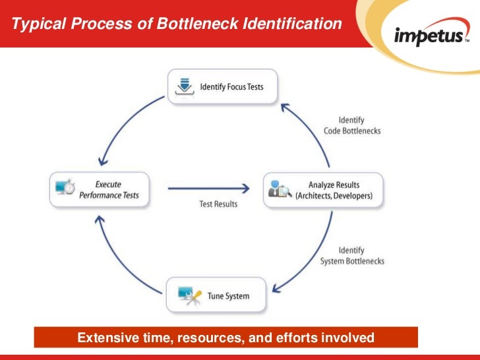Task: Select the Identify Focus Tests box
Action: point(222,87)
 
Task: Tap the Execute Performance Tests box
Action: point(100,190)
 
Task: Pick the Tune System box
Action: point(217,296)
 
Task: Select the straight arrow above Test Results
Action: point(208,189)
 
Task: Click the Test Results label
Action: point(218,204)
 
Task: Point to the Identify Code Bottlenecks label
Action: point(351,125)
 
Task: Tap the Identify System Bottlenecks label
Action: point(351,256)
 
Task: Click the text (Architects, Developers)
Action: point(334,196)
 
